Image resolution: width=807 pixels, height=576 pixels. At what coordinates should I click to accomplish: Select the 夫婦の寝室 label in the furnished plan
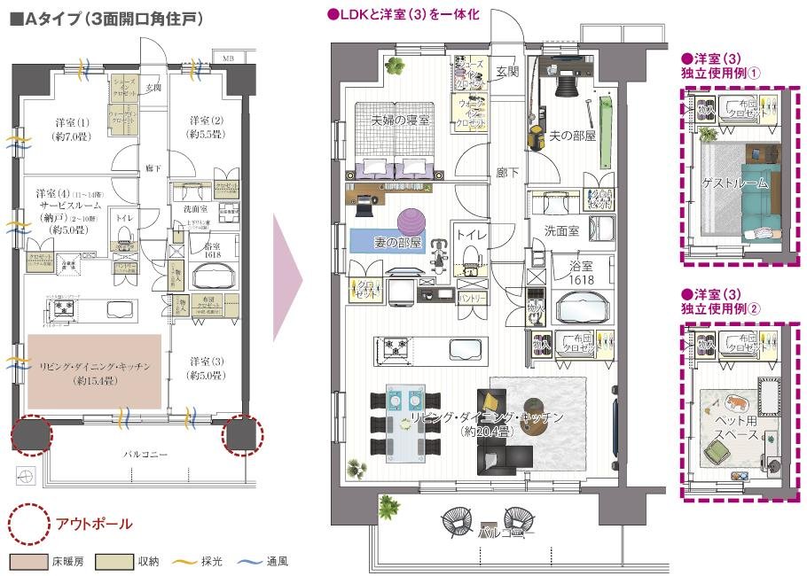tap(400, 120)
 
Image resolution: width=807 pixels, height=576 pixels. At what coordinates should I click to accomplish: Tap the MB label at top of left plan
tap(228, 58)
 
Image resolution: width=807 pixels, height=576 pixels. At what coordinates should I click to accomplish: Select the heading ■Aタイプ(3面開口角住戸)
tap(106, 19)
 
